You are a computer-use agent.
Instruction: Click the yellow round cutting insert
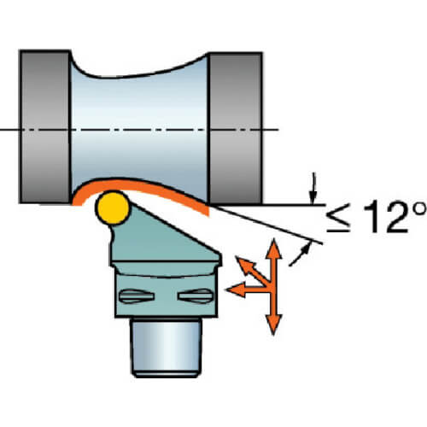tap(113, 208)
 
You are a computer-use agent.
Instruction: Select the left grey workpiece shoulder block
tap(45, 126)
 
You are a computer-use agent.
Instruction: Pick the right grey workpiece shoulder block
tap(236, 128)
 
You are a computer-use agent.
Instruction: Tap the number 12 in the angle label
tap(387, 216)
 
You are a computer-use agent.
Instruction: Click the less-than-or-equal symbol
tap(338, 218)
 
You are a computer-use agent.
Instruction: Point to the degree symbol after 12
tap(419, 209)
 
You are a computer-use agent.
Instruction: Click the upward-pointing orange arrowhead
tap(273, 249)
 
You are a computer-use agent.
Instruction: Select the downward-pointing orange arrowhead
tap(274, 325)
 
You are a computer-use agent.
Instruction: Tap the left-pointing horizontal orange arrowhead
tap(236, 290)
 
